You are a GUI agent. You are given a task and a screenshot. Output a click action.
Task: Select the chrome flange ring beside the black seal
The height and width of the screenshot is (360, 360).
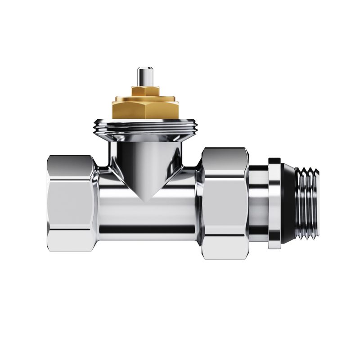274,202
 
